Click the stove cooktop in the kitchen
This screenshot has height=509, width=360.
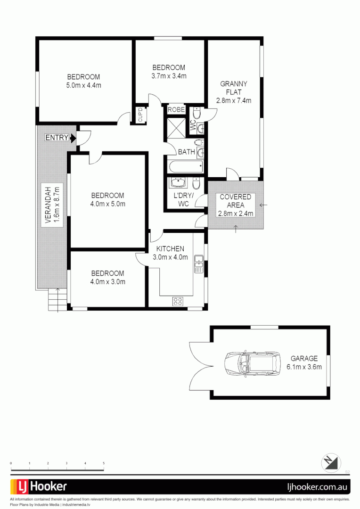point(178,301)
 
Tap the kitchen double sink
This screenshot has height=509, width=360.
point(199,264)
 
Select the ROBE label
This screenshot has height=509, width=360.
point(176,110)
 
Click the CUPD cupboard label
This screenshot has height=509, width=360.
point(140,115)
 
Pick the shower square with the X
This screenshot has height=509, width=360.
point(176,127)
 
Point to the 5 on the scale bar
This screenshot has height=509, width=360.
point(104,464)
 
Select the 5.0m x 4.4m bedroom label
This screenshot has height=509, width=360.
point(83,81)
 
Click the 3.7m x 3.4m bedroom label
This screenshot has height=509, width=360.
point(168,72)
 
